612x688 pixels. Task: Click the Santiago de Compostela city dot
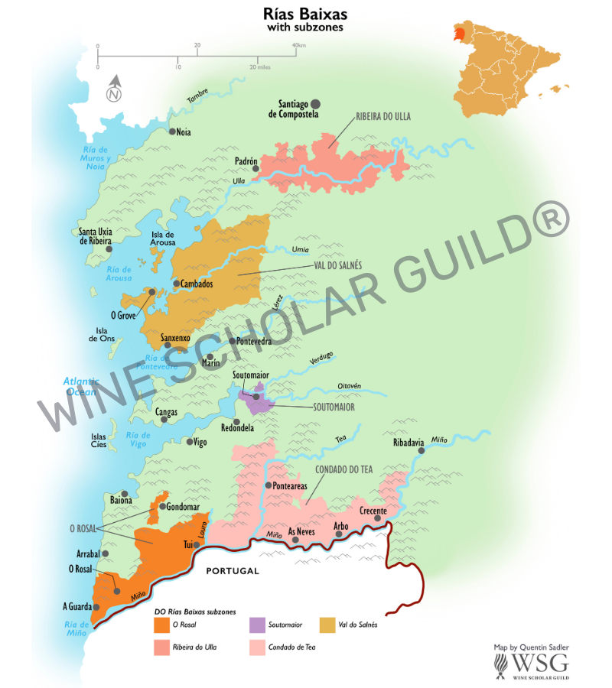pyautogui.click(x=315, y=103)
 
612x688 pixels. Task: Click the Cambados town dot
pyautogui.click(x=177, y=284)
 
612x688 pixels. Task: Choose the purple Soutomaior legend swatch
pyautogui.click(x=257, y=625)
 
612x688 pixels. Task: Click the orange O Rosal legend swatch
pyautogui.click(x=161, y=625)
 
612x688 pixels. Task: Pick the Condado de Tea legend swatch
pyautogui.click(x=257, y=648)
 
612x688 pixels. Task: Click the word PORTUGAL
pyautogui.click(x=233, y=571)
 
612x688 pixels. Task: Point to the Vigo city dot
pyautogui.click(x=190, y=442)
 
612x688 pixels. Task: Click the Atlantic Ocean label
pyautogui.click(x=80, y=386)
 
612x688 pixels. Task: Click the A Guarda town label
pyautogui.click(x=76, y=607)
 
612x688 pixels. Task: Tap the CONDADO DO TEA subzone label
pyautogui.click(x=343, y=469)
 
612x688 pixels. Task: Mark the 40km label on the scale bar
pyautogui.click(x=299, y=45)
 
